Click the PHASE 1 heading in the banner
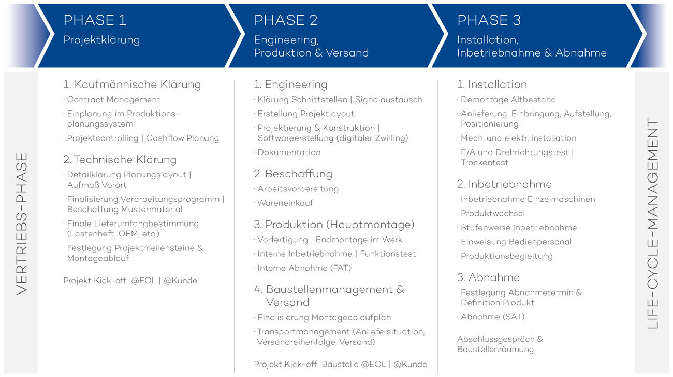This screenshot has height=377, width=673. click(x=95, y=20)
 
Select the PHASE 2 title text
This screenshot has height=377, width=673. click(x=286, y=20)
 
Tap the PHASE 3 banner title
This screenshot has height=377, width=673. click(x=489, y=20)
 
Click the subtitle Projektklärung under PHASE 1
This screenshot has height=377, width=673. click(x=101, y=40)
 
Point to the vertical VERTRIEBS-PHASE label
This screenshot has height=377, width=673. click(x=22, y=224)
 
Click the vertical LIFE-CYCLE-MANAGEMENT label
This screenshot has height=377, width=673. click(x=652, y=224)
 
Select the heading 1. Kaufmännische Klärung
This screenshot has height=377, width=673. click(x=132, y=84)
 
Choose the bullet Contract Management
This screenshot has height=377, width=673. click(x=113, y=100)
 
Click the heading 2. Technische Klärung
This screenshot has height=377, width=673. click(x=120, y=160)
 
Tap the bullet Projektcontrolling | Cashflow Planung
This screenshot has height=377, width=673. click(x=143, y=138)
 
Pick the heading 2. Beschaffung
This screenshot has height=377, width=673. click(x=293, y=174)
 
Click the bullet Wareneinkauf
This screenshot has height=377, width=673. click(x=285, y=203)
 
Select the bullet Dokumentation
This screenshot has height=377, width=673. click(x=289, y=152)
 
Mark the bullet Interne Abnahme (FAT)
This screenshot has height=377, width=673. click(x=304, y=268)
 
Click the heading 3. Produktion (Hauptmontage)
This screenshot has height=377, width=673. click(x=334, y=225)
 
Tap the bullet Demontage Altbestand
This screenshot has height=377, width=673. click(x=508, y=100)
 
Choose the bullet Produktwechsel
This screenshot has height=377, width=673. click(x=493, y=213)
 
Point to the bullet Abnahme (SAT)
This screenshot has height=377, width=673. click(x=493, y=317)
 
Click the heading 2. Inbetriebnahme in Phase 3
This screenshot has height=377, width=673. click(x=504, y=184)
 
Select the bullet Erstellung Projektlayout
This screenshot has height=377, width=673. click(x=306, y=114)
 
